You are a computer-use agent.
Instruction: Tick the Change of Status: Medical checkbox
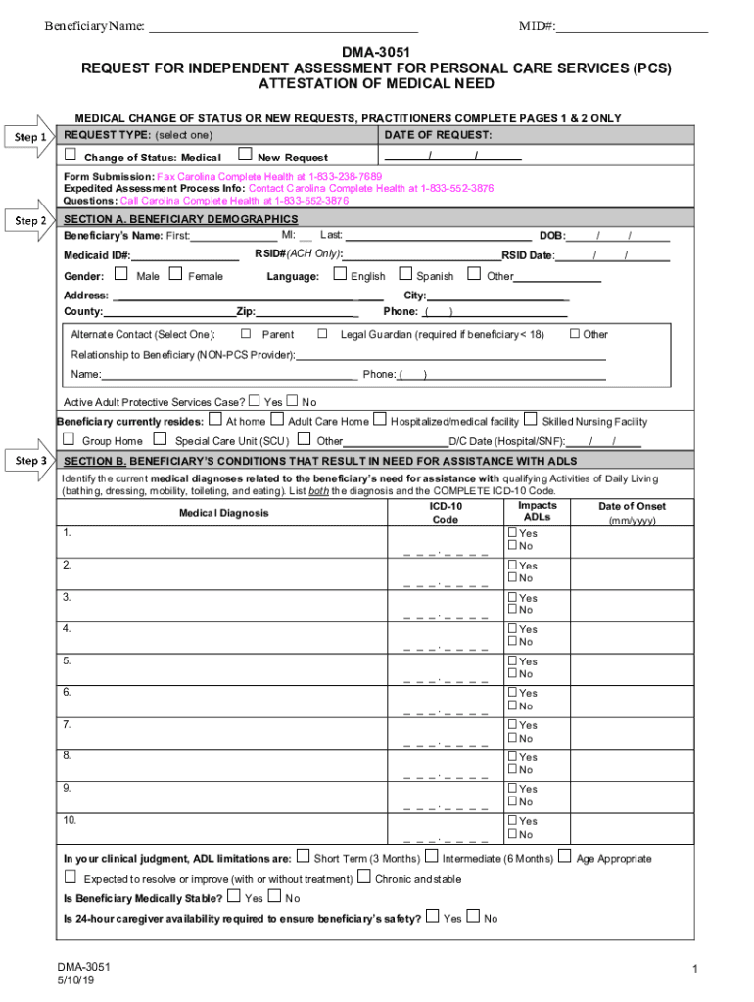(71, 155)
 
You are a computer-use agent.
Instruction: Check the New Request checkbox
(245, 155)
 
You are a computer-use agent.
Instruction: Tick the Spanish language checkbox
(404, 275)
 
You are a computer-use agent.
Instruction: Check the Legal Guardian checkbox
(323, 334)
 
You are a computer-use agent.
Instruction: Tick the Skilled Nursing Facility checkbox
(530, 420)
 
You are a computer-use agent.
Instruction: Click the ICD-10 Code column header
(446, 513)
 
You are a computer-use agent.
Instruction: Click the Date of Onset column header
(632, 513)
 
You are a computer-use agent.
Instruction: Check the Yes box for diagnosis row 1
(512, 533)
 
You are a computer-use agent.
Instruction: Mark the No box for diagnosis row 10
(512, 834)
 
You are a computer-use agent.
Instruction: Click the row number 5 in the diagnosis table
(67, 660)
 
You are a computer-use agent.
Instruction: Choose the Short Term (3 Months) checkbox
(303, 857)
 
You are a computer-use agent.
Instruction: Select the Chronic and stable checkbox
(363, 878)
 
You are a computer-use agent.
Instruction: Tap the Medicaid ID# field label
(97, 255)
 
